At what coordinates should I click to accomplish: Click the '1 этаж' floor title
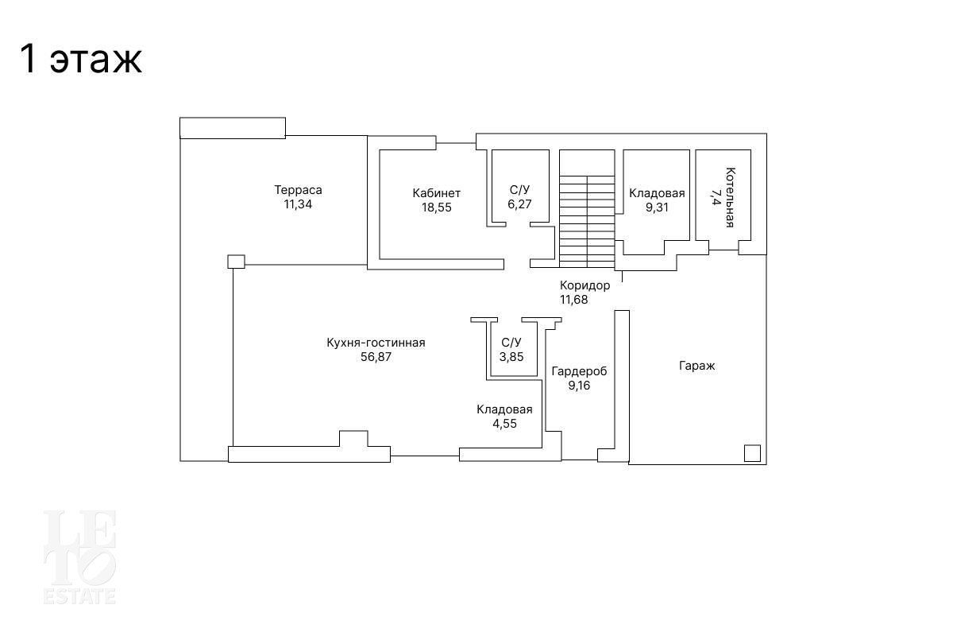80,59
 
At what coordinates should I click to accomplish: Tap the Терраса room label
298,190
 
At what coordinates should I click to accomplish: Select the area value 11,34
298,204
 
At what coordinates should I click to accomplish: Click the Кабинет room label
437,193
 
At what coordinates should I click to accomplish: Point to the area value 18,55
437,207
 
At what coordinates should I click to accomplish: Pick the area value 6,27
519,204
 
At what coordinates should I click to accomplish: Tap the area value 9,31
657,207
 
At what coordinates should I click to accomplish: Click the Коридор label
585,285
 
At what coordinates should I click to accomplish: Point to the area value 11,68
573,300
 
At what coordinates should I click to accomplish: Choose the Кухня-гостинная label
376,343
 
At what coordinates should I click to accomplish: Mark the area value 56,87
376,357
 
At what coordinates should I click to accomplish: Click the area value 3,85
511,357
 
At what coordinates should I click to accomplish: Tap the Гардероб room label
579,371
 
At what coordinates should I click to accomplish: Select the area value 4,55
504,424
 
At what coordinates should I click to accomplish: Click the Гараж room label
697,366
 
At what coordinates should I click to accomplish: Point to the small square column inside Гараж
752,453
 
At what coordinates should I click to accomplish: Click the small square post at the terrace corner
236,262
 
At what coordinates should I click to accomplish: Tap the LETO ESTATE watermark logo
79,557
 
